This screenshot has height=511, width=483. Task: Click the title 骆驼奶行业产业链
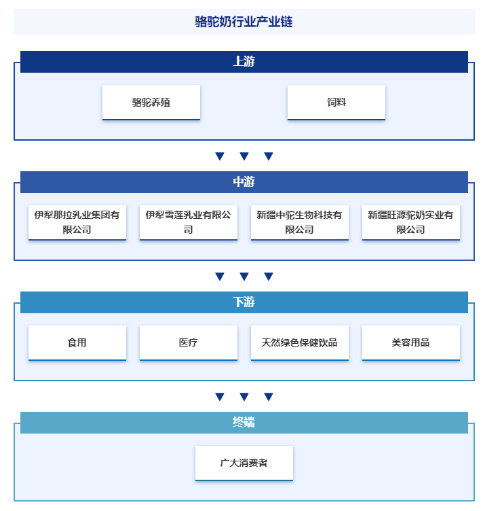pyautogui.click(x=244, y=22)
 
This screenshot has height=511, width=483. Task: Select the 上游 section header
pyautogui.click(x=244, y=62)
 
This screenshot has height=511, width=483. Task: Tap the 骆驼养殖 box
pyautogui.click(x=151, y=103)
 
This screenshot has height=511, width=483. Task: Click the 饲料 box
pyautogui.click(x=336, y=103)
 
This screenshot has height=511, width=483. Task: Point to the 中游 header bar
pyautogui.click(x=244, y=182)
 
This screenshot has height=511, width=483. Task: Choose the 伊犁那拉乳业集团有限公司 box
pyautogui.click(x=77, y=223)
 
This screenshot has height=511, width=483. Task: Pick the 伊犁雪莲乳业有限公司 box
pyautogui.click(x=189, y=223)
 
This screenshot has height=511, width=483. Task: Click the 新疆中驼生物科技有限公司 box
pyautogui.click(x=300, y=223)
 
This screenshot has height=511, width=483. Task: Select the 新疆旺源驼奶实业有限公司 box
pyautogui.click(x=411, y=223)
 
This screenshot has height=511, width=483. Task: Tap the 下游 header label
pyautogui.click(x=244, y=302)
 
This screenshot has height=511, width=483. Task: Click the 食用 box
pyautogui.click(x=77, y=343)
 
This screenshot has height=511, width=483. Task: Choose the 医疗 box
pyautogui.click(x=189, y=343)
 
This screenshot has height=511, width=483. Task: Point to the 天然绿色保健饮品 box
pyautogui.click(x=300, y=343)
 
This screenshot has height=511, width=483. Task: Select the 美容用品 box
pyautogui.click(x=411, y=343)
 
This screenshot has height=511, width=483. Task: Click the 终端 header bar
pyautogui.click(x=244, y=423)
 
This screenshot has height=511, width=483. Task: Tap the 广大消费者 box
pyautogui.click(x=244, y=463)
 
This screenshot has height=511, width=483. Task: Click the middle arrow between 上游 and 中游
pyautogui.click(x=244, y=156)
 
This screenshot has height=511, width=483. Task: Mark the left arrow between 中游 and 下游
pyautogui.click(x=220, y=277)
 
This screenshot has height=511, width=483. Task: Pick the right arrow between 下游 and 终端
pyautogui.click(x=269, y=397)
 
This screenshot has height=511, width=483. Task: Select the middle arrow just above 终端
pyautogui.click(x=244, y=397)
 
